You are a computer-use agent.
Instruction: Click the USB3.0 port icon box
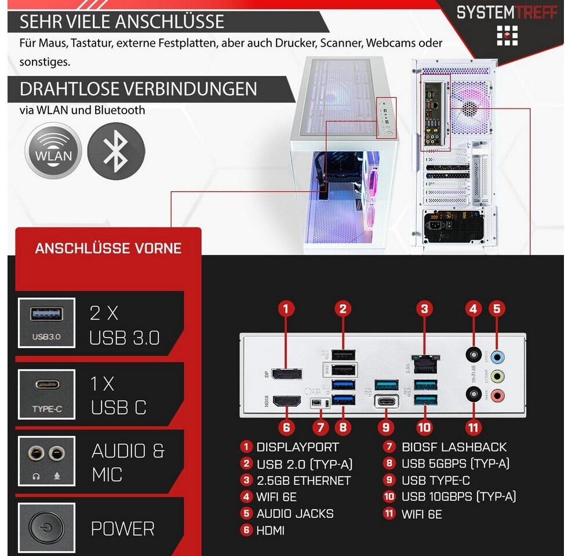pos(47,323)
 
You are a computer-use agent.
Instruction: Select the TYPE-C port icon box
pos(47,395)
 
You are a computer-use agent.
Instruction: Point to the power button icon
pos(47,528)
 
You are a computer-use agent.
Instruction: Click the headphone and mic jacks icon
pos(47,461)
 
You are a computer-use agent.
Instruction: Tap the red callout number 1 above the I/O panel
pos(286,308)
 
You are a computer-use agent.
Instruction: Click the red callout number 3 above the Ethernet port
pos(425,308)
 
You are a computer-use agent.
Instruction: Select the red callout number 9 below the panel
pos(385,427)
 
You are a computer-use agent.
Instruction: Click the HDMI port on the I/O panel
pos(287,401)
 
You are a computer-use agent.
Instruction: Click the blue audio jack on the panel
pos(497,358)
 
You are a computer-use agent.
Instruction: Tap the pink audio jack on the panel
pos(497,396)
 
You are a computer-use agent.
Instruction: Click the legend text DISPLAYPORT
pos(297,447)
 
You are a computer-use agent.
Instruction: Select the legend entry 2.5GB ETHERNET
pos(303,481)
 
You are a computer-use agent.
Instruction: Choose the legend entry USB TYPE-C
pos(435,481)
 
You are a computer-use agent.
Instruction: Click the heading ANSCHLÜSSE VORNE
pos(108,248)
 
